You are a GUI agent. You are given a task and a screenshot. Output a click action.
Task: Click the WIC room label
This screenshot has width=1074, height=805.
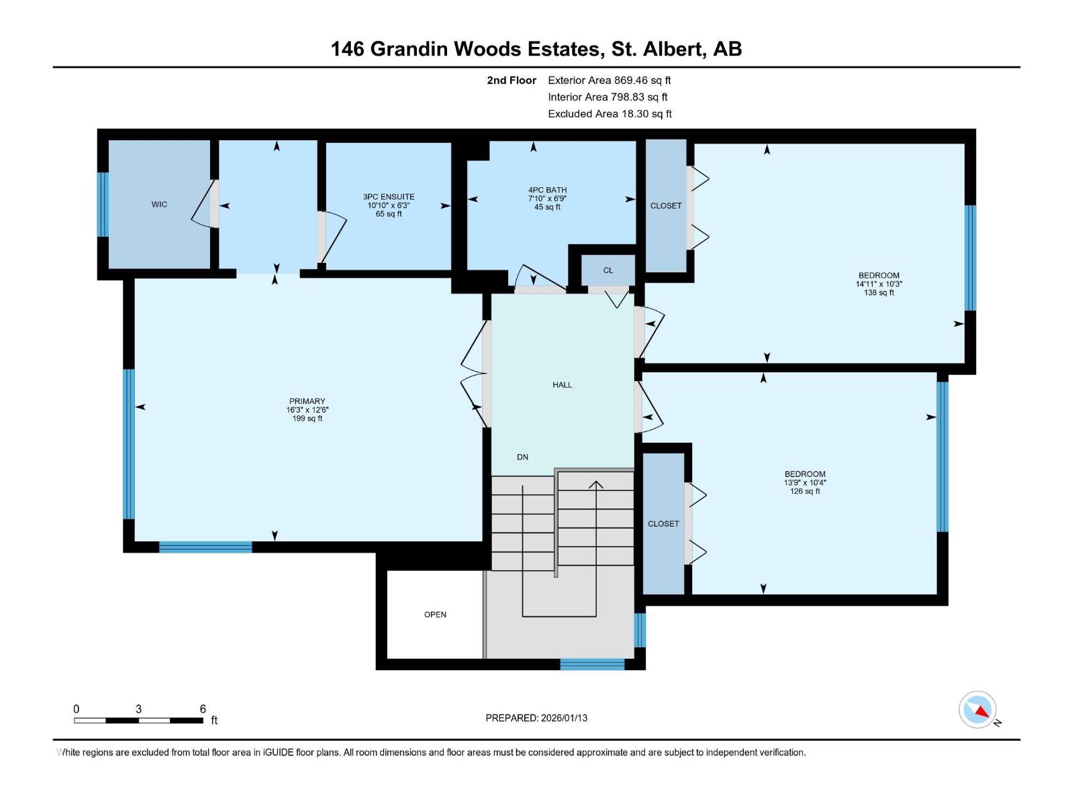pyautogui.click(x=159, y=205)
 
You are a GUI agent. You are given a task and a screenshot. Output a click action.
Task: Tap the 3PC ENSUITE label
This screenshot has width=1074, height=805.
pyautogui.click(x=389, y=197)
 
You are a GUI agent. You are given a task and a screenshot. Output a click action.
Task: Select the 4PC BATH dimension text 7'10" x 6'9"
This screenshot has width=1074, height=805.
pyautogui.click(x=547, y=199)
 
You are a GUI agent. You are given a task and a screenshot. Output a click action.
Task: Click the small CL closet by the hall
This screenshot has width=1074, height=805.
pyautogui.click(x=608, y=270)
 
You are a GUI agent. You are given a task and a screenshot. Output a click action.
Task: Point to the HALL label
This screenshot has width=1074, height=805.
pyautogui.click(x=563, y=385)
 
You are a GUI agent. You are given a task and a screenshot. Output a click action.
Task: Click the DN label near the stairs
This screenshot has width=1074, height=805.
pyautogui.click(x=522, y=458)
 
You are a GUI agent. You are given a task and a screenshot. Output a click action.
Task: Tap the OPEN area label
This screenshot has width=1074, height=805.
pyautogui.click(x=435, y=614)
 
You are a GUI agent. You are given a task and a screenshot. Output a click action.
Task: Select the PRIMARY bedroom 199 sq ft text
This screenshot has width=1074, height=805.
pyautogui.click(x=307, y=419)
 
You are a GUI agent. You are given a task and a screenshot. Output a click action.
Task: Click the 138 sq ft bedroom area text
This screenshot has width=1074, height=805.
pyautogui.click(x=879, y=293)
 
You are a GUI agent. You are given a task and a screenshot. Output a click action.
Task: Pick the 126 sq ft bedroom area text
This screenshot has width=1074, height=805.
pyautogui.click(x=805, y=492)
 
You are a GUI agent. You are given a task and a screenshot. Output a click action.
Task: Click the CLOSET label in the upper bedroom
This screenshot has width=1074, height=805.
pyautogui.click(x=666, y=206)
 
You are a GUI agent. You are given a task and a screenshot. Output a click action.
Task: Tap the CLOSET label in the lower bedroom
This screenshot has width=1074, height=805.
pyautogui.click(x=663, y=524)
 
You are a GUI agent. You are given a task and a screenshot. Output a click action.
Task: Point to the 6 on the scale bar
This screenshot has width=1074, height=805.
pyautogui.click(x=203, y=709)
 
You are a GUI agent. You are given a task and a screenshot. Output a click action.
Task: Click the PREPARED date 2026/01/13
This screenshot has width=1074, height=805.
pyautogui.click(x=563, y=718)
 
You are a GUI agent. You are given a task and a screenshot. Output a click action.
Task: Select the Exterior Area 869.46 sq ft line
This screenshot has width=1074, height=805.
pyautogui.click(x=609, y=80)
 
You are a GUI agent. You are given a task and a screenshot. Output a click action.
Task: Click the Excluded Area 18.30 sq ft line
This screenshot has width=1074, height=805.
pyautogui.click(x=609, y=114)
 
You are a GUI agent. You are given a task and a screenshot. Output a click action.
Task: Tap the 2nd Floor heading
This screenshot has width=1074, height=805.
pyautogui.click(x=511, y=80)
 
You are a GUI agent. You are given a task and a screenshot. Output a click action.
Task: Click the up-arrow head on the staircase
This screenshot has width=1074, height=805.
pyautogui.click(x=596, y=484)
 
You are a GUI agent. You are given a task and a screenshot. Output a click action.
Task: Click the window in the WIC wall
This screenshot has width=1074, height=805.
pyautogui.click(x=103, y=205)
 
